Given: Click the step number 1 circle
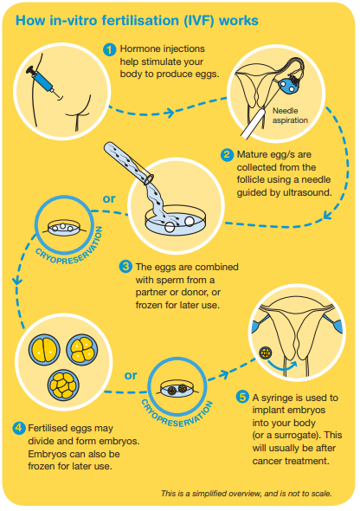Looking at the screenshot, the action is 110,49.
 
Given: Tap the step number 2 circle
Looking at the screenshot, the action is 227,154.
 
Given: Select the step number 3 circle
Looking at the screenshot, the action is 125,266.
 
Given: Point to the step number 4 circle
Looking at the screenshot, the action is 18,428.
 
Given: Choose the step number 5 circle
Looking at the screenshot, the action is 242,397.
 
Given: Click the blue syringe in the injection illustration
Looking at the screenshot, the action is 42,80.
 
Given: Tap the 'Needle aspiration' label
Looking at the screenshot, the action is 290,115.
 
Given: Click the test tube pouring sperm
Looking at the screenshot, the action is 129,162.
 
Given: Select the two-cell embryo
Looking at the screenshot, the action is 44,350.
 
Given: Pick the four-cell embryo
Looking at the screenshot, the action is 81,350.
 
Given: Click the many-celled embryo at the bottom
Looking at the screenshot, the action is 63,385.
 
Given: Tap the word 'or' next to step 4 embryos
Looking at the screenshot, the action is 130,375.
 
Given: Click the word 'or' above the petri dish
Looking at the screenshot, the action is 109,198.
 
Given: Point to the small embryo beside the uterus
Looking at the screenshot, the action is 266,353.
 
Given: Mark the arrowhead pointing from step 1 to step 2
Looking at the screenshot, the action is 170,113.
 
